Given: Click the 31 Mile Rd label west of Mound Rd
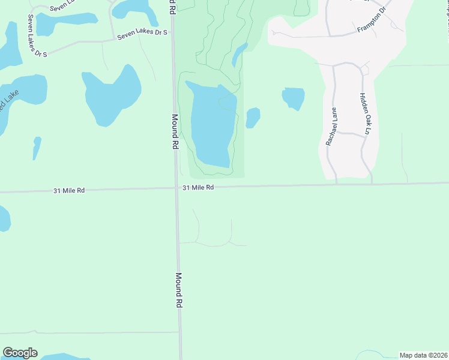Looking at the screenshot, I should point(69,190).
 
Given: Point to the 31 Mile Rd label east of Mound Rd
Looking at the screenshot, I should point(198,187).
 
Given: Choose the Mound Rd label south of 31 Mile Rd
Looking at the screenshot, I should point(178,290).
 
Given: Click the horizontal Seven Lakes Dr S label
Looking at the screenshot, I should point(142,35).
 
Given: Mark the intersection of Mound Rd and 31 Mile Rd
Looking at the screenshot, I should point(176,188).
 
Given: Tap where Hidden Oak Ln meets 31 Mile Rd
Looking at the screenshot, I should point(372,184).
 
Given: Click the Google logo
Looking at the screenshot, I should point(20,353).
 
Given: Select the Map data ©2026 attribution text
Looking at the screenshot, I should point(423,355).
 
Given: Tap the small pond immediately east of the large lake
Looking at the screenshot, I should point(253,118).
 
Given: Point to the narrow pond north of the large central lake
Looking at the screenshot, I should point(239,55).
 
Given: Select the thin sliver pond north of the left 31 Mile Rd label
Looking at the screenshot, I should point(37,148).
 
